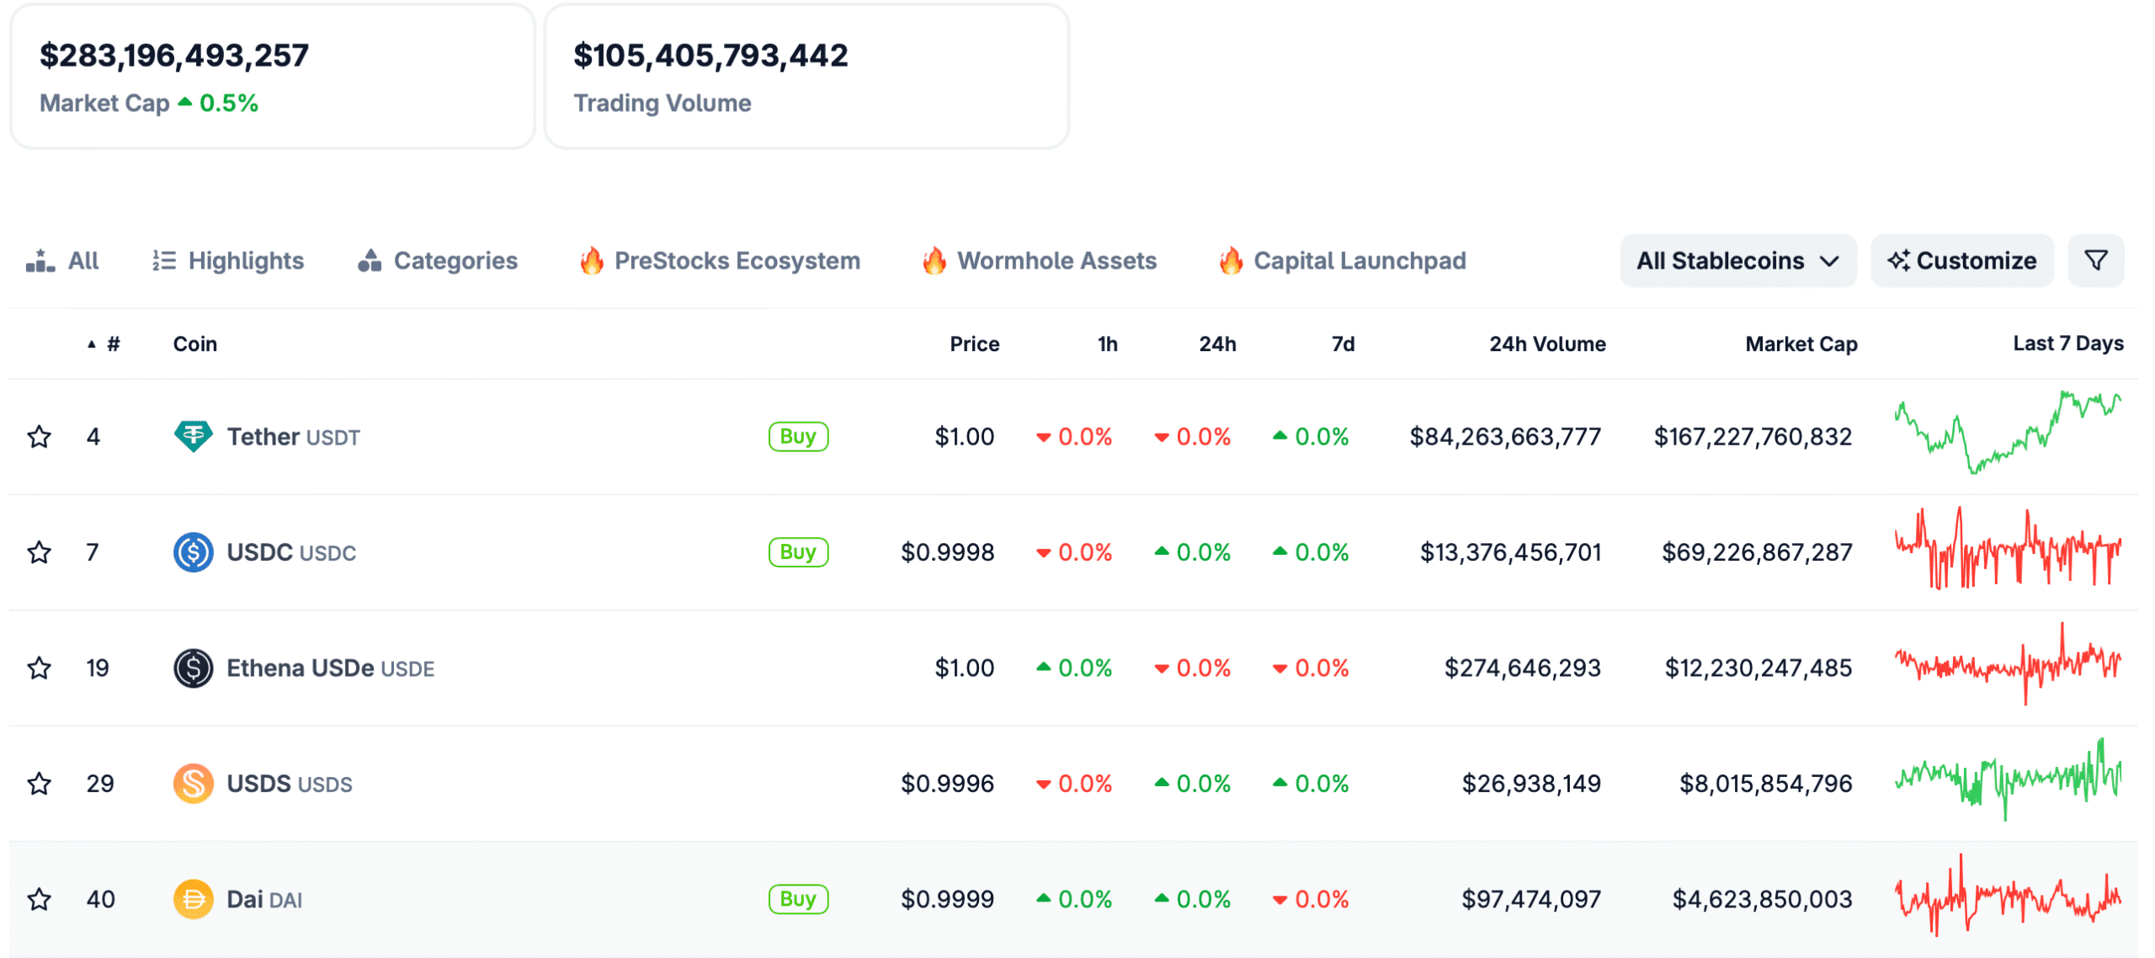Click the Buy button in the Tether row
coord(798,436)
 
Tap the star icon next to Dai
coord(39,899)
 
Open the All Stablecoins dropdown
coord(1737,261)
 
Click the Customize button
coord(1961,261)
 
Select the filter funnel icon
coord(2095,261)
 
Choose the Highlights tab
coord(228,261)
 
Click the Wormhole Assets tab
coord(1040,261)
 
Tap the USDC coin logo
coord(193,552)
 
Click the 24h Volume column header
coord(1546,343)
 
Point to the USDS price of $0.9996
coord(947,784)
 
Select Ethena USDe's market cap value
coord(1758,668)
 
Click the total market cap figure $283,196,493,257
coord(174,56)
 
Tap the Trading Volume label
coord(662,103)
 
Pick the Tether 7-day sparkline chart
coord(2007,433)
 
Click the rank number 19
coord(98,668)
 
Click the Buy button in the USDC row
coord(798,552)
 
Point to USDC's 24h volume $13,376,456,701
coord(1510,552)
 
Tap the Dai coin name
coord(245,899)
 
